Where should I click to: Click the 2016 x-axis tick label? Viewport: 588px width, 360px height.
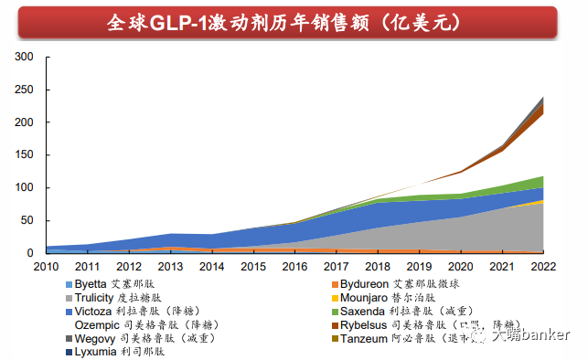(294, 266)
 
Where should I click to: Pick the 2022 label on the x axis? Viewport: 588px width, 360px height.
(543, 266)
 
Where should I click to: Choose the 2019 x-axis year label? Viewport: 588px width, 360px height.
(419, 266)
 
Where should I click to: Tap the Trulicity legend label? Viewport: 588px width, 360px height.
(124, 297)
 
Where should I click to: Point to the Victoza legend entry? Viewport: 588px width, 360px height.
(137, 311)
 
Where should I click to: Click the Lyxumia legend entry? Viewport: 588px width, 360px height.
(120, 351)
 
